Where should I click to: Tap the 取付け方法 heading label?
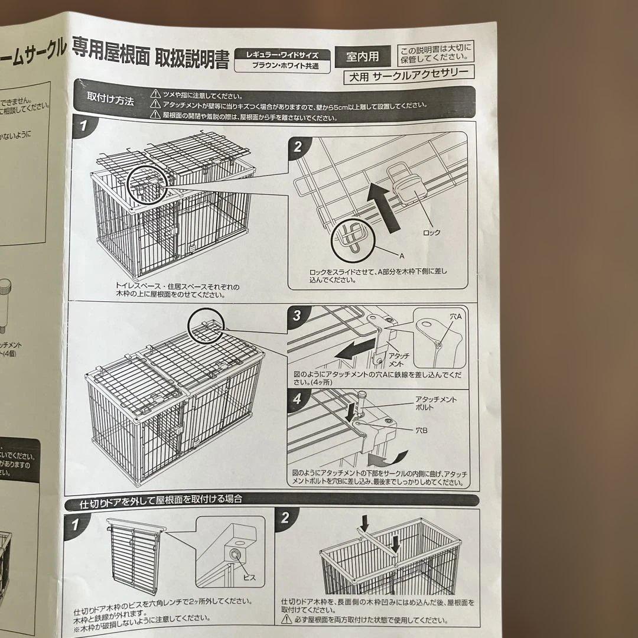pos(110,99)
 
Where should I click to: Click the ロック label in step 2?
pos(431,232)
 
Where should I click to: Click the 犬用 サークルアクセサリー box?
pos(408,75)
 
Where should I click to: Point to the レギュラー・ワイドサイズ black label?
pos(282,54)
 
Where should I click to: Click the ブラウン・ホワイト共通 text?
pos(283,66)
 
